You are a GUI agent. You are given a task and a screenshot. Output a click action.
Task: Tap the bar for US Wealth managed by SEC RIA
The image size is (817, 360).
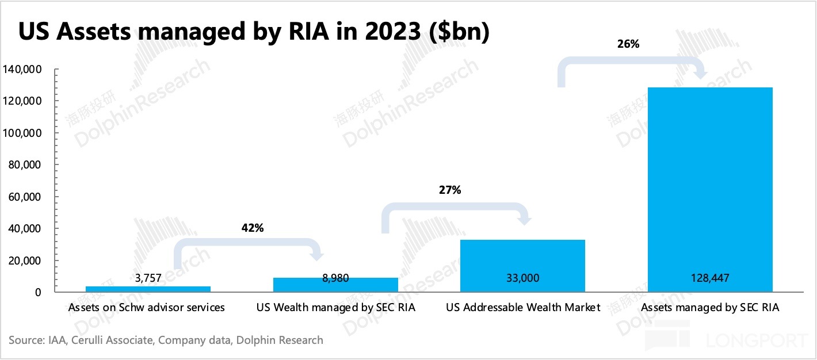[x=335, y=285]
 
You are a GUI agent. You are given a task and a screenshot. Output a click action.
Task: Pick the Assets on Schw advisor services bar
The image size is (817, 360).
[x=148, y=289]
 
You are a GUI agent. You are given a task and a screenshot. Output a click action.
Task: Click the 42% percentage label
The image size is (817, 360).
[x=252, y=228]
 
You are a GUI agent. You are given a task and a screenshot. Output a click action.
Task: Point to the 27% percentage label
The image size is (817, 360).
[x=450, y=190]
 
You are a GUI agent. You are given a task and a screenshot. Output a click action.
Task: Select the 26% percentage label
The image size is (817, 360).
[x=628, y=43]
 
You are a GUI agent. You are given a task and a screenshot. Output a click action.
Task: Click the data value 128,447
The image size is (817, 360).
[x=710, y=278]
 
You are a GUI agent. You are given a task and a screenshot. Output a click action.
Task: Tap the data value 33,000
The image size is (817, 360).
[x=523, y=278]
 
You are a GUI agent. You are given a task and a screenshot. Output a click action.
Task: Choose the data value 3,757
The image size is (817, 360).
[x=148, y=278]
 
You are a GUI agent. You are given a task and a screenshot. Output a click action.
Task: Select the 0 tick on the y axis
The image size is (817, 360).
[x=37, y=292]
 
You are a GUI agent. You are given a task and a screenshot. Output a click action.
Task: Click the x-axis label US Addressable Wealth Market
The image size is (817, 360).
[x=523, y=308]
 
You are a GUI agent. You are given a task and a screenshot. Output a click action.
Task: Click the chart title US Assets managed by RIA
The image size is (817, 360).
[x=254, y=32]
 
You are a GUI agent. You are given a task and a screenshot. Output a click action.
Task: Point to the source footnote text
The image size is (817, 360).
[x=166, y=340]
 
